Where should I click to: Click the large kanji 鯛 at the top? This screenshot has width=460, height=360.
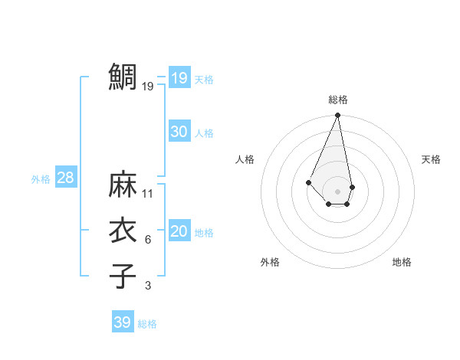click(123, 77)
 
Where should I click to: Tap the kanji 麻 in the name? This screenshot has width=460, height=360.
click(123, 185)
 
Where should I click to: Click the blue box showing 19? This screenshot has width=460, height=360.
click(179, 78)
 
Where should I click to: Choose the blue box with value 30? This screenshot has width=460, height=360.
click(179, 132)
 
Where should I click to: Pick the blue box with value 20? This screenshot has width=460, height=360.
click(179, 231)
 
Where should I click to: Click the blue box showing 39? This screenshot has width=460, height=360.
click(122, 322)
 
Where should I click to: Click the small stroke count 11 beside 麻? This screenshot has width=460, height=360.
click(148, 193)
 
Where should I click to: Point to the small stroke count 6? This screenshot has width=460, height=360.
click(148, 240)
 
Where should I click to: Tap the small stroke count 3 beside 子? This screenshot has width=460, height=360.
click(148, 286)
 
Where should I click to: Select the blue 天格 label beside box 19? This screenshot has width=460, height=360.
click(204, 80)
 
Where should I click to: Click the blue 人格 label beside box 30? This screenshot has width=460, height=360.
click(204, 133)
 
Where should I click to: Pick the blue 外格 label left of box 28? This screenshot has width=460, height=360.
click(41, 179)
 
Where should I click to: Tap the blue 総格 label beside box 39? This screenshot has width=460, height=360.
click(147, 324)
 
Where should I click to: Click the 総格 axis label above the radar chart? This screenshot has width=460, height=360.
click(337, 100)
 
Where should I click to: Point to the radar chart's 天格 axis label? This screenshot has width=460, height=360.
click(432, 159)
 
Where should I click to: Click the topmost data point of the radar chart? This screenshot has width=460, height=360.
click(337, 116)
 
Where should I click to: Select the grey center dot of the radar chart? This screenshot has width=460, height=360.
click(337, 191)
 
